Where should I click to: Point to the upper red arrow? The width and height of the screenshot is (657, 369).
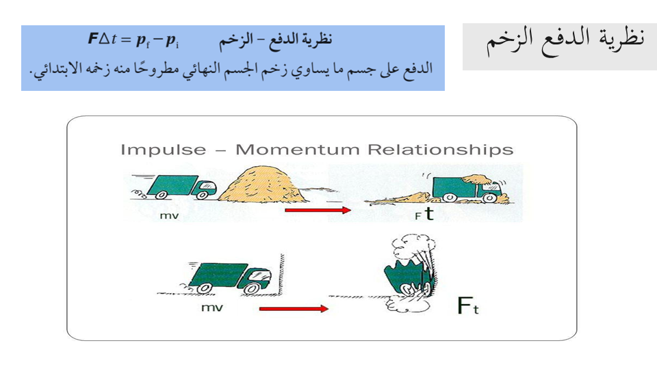pos(317,210)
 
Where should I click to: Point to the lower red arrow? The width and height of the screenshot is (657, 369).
pos(294,309)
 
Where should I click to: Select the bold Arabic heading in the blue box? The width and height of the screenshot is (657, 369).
pos(276,40)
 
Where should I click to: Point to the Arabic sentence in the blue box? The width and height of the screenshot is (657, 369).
pos(232,68)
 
